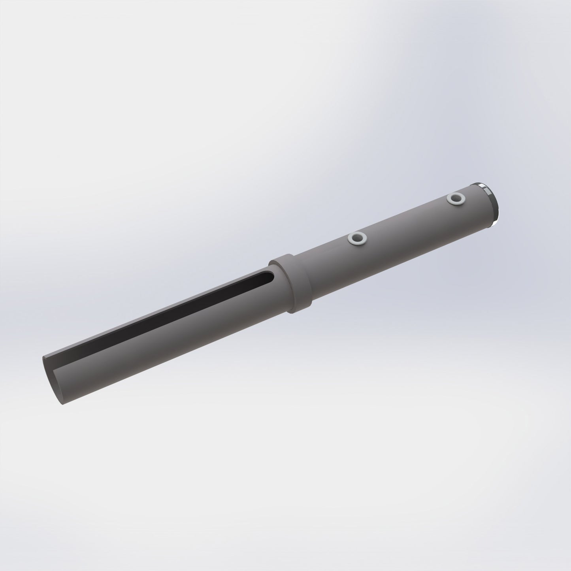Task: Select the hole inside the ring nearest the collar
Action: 357,238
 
